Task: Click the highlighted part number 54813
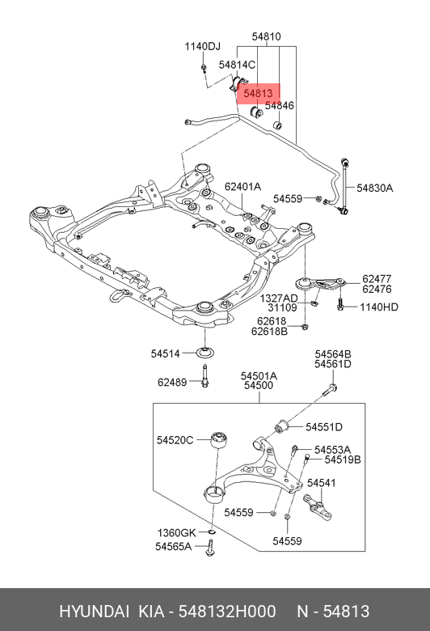coord(257,93)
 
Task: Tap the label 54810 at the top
coord(265,36)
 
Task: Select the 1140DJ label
coord(201,46)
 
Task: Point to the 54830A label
coord(376,188)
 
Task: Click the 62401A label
coord(242,187)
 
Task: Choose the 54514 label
coord(167,353)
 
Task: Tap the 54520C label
coord(175,440)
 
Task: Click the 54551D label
coord(324,427)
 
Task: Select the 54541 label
coord(321,483)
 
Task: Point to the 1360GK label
coord(175,532)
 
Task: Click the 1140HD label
coord(379,307)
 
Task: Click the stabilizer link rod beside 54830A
coord(345,187)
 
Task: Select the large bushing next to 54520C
coord(217,442)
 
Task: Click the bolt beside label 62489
coord(205,377)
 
